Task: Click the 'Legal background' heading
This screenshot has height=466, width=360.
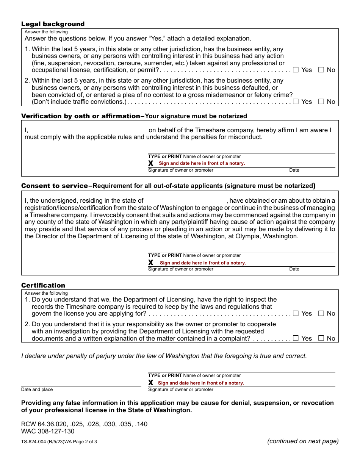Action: [53, 24]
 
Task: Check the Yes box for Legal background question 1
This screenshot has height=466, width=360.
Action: [296, 70]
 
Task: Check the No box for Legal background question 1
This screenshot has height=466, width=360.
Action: [321, 70]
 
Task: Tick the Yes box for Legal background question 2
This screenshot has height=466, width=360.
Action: [296, 102]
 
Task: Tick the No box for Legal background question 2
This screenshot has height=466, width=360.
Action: [321, 102]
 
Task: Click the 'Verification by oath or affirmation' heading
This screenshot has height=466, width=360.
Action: [80, 116]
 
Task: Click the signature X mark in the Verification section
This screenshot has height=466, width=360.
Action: [151, 163]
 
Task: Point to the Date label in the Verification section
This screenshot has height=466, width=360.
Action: [294, 170]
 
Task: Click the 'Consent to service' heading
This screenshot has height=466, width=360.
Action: [54, 186]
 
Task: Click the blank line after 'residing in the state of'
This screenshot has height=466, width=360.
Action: [186, 201]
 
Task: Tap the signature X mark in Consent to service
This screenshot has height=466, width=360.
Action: [151, 263]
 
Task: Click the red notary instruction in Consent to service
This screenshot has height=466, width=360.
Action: [203, 263]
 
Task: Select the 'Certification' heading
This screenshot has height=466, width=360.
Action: [43, 285]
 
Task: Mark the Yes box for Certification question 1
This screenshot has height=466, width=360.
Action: [296, 313]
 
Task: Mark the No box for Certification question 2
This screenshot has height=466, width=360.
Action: [321, 338]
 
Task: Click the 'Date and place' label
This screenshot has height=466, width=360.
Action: [37, 389]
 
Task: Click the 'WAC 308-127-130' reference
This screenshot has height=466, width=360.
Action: [48, 431]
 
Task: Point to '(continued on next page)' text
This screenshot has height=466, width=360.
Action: [303, 441]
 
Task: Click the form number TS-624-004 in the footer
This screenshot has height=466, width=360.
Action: [34, 441]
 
